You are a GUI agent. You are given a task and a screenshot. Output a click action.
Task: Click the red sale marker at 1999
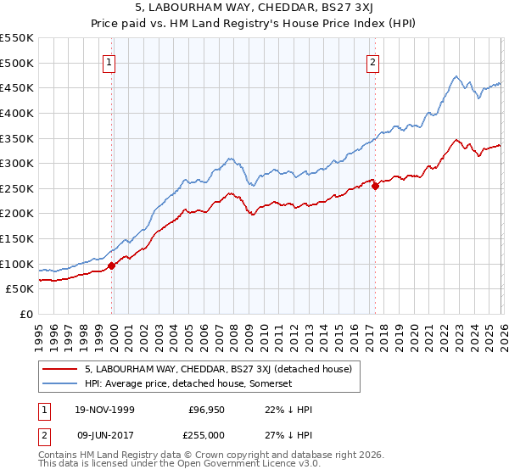(x=112, y=265)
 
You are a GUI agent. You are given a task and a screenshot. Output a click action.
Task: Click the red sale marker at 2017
(x=375, y=187)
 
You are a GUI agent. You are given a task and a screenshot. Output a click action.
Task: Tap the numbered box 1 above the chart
(x=111, y=61)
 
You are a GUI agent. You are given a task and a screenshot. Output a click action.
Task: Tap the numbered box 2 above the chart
(x=373, y=61)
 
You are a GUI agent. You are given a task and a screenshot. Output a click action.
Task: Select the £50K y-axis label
(x=20, y=289)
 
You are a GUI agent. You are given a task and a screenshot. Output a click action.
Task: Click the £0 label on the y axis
(x=27, y=315)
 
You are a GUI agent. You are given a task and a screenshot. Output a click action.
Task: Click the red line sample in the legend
(x=61, y=369)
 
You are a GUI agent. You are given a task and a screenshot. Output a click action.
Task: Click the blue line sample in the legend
(x=61, y=383)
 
